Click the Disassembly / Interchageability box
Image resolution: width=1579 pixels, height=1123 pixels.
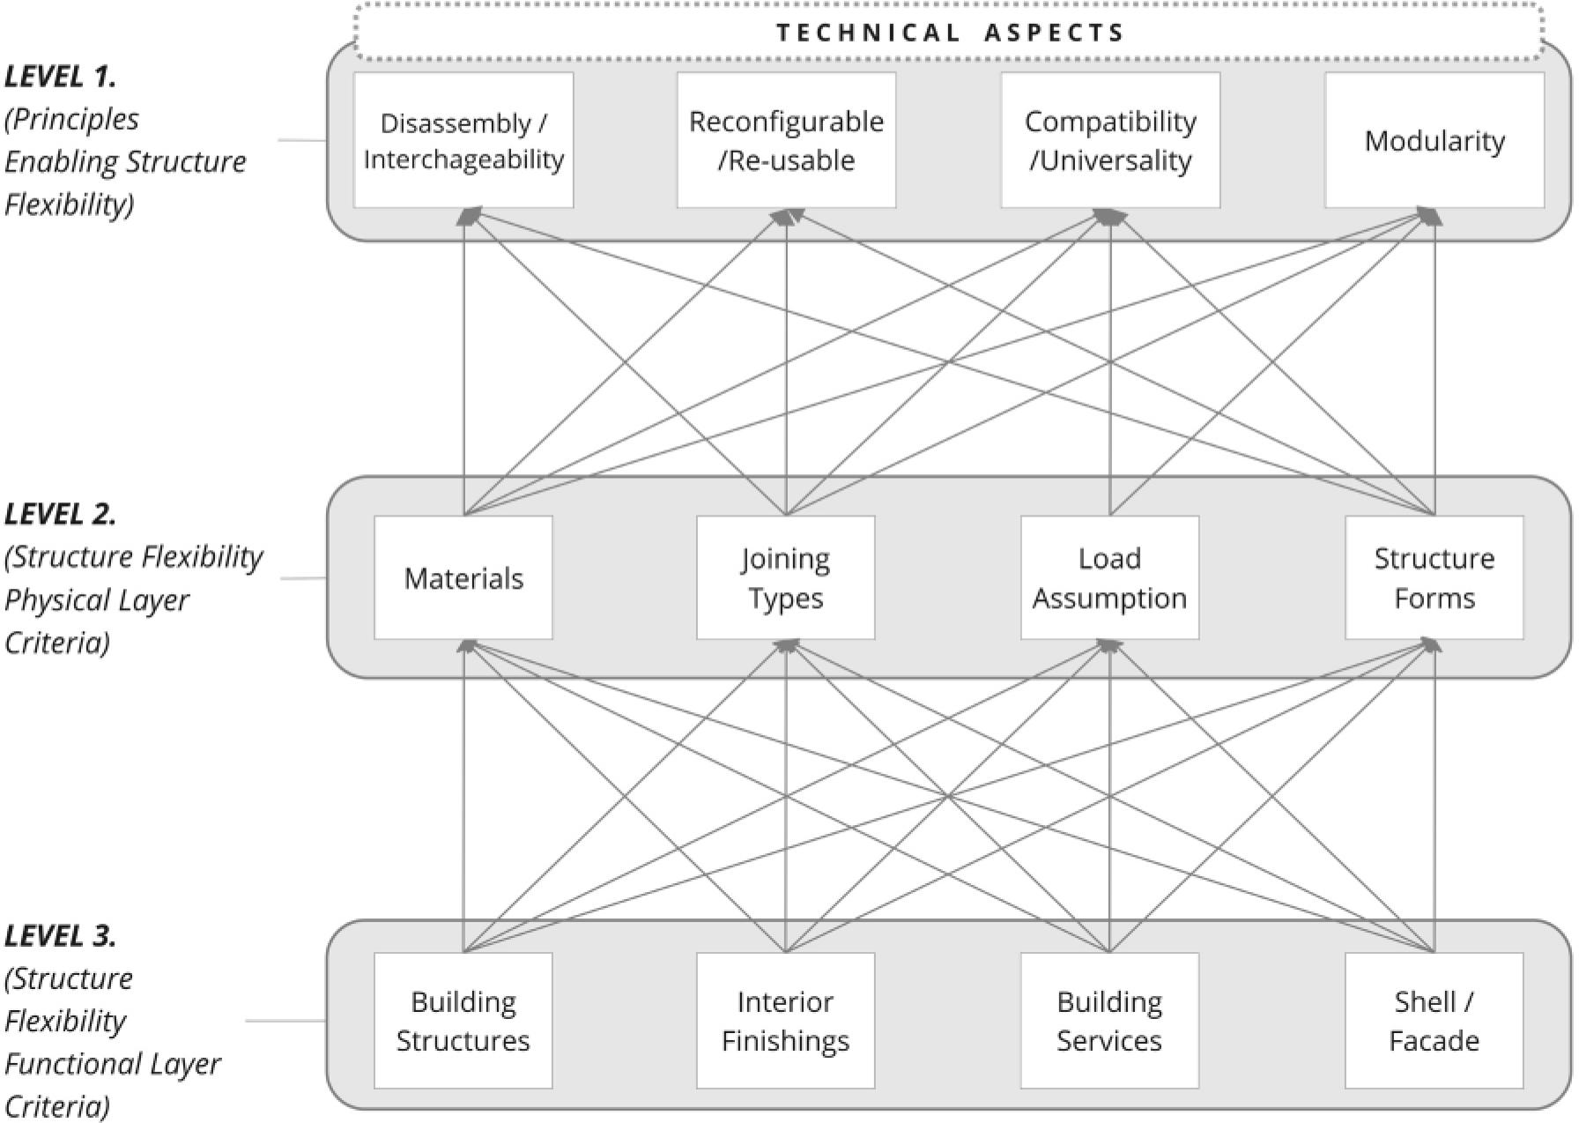point(463,140)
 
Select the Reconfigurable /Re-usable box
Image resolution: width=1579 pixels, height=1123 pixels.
point(786,140)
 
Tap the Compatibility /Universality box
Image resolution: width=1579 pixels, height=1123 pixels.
point(1110,140)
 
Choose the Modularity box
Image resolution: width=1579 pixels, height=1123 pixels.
point(1434,140)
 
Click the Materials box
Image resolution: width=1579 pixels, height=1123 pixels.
point(463,577)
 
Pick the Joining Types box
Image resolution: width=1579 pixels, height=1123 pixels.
point(786,577)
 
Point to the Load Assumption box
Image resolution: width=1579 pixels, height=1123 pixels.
point(1110,577)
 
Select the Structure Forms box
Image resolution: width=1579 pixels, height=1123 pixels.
point(1434,577)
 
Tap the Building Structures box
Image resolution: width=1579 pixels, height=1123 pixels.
point(463,1021)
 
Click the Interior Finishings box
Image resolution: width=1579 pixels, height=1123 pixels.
point(786,1021)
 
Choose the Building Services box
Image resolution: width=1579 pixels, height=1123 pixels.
point(1110,1021)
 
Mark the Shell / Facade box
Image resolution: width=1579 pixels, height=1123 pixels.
point(1434,1021)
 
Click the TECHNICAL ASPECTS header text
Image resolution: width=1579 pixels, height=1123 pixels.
point(950,33)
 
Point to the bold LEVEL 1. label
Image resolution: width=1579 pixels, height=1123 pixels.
point(60,77)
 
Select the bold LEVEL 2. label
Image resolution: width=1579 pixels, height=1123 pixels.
point(60,514)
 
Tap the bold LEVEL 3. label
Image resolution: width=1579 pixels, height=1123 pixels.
point(60,935)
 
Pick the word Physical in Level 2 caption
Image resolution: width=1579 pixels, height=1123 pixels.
point(53,600)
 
